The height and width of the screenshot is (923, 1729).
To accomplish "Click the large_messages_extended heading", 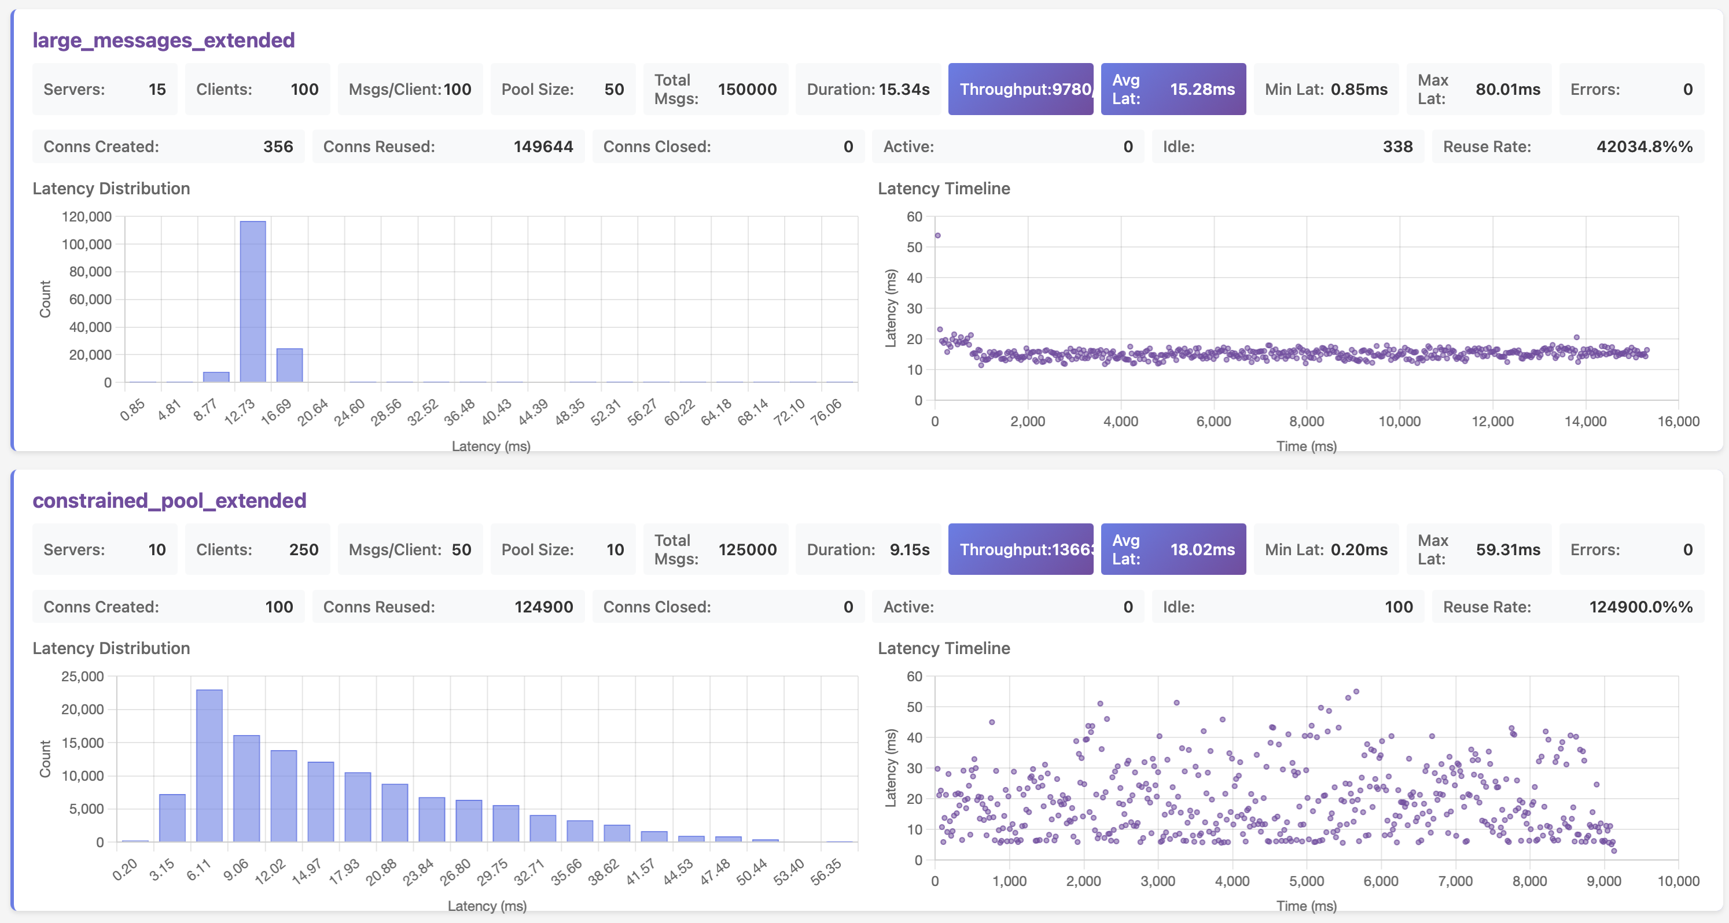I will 163,40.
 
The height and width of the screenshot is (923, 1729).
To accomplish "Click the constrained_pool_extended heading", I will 169,500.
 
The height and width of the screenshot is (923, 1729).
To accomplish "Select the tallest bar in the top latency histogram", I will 253,302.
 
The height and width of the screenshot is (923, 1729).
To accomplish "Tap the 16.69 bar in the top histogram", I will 289,365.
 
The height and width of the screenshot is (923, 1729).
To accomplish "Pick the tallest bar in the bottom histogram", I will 209,765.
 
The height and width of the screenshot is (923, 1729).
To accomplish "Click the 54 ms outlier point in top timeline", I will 937,235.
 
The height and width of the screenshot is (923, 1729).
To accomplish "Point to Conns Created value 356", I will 278,147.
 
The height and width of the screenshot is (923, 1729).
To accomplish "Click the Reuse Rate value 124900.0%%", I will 1640,607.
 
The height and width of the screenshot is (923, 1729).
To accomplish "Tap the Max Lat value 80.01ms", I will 1507,89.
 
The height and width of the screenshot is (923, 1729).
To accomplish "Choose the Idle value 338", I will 1397,147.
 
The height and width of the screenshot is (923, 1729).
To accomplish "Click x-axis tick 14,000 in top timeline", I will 1585,421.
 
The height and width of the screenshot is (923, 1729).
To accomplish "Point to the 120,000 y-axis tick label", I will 87,217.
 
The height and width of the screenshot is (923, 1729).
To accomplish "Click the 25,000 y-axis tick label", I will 83,676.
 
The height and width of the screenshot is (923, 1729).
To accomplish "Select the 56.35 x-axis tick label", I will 826,872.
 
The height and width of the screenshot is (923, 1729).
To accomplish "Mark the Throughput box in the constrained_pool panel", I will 1020,549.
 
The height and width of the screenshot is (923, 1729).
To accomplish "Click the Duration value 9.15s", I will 909,549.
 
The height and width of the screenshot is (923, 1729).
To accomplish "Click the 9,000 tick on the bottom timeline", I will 1603,881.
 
